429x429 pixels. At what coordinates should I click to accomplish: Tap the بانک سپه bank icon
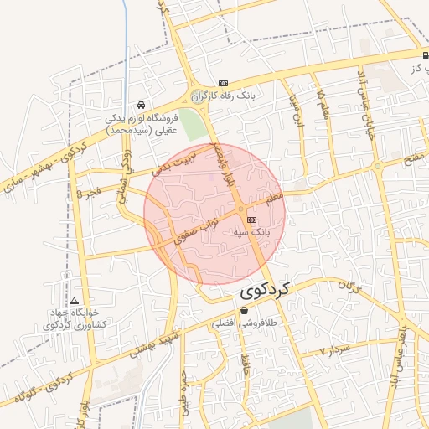tap(252, 220)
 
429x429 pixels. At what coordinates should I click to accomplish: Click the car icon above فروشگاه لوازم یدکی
tap(141, 106)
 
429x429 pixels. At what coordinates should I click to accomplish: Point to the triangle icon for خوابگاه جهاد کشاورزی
tap(75, 301)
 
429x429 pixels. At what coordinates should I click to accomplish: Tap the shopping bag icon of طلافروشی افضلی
tap(244, 310)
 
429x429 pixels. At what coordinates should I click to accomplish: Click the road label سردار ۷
tap(333, 350)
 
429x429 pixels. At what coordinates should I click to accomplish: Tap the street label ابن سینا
tap(296, 110)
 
